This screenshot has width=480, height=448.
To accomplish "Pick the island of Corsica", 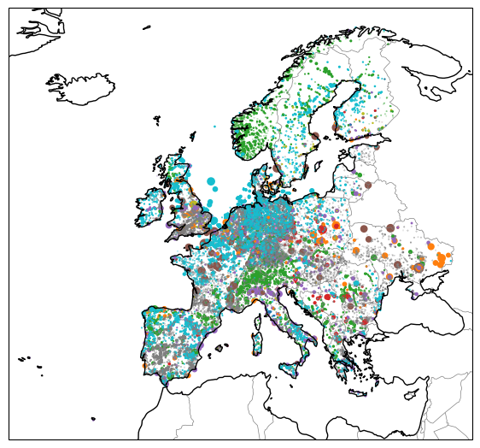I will [x=254, y=317].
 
